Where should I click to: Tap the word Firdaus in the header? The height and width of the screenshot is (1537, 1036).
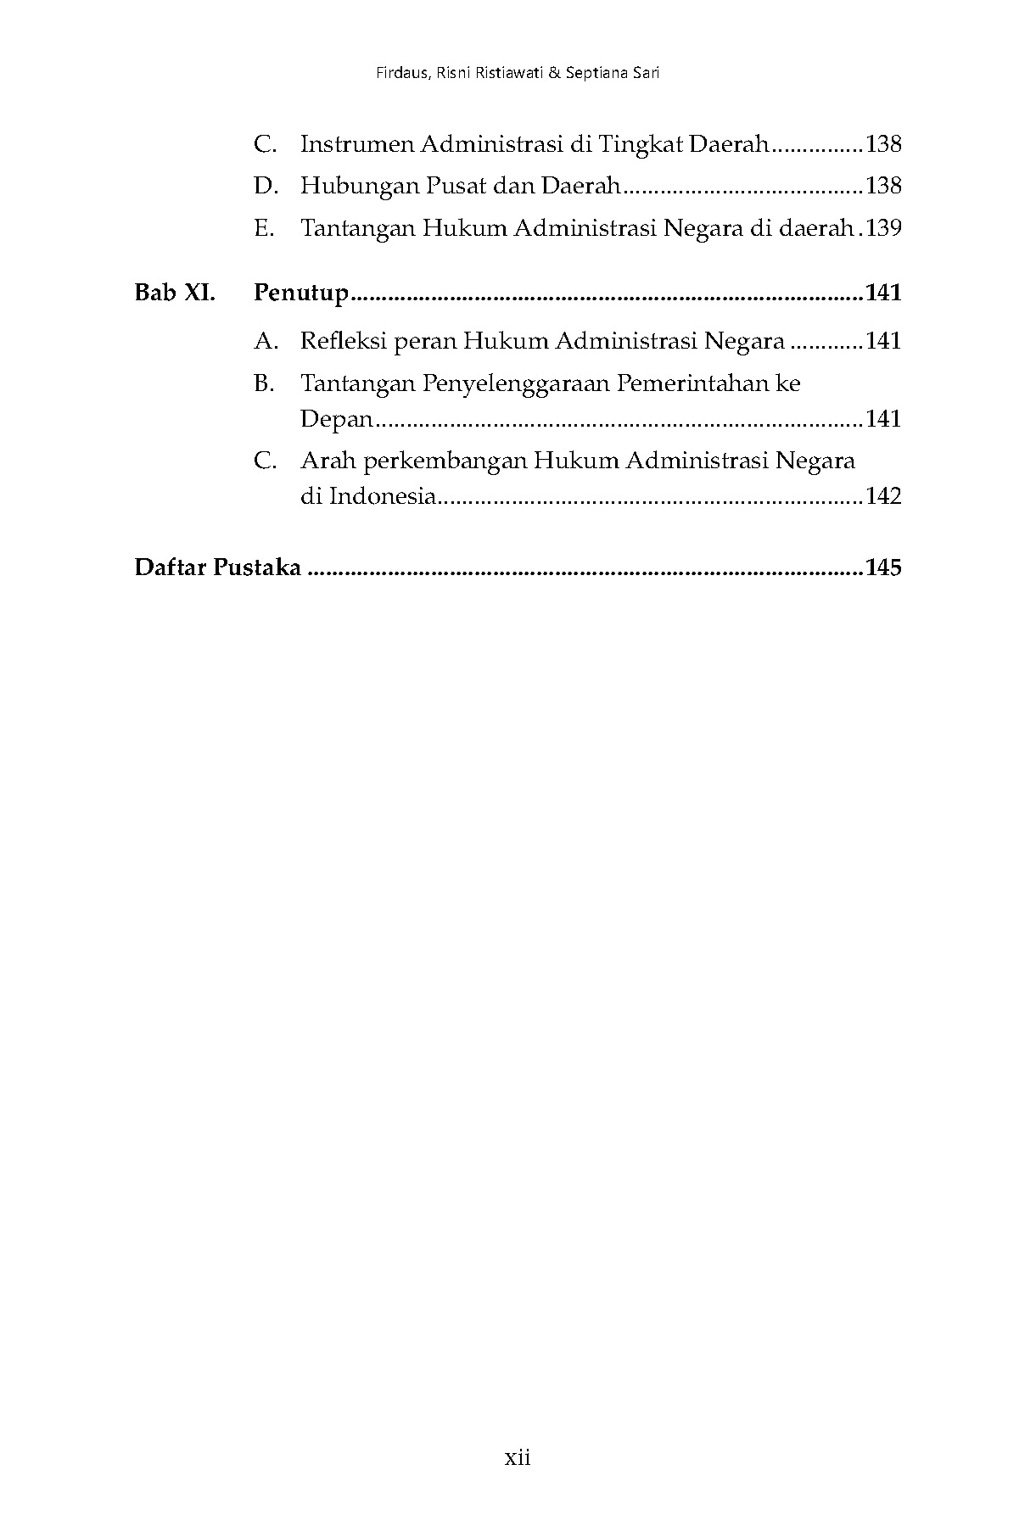click(401, 73)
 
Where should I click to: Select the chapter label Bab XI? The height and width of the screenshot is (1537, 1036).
click(175, 293)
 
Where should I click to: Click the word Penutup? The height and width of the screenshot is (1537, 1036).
click(301, 293)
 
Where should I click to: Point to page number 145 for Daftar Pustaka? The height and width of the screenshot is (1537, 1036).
click(883, 567)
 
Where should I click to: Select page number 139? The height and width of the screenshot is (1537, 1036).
click(883, 228)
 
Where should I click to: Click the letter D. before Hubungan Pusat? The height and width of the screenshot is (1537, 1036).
click(266, 186)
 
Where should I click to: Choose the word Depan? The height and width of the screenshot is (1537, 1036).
click(336, 419)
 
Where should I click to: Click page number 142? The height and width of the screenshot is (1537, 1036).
click(883, 496)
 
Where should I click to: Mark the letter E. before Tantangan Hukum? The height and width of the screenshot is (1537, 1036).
click(265, 228)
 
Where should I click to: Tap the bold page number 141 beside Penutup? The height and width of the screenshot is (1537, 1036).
click(883, 293)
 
